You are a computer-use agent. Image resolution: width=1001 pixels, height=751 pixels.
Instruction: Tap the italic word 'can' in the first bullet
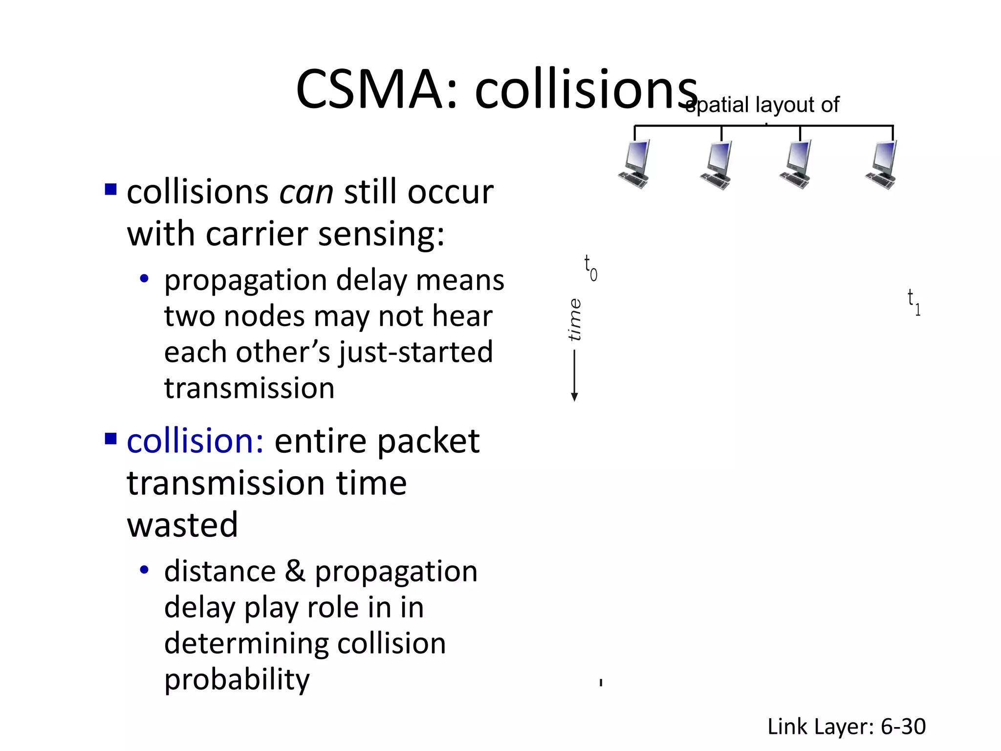306,192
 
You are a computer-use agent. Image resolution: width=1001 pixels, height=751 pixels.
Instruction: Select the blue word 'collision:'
195,441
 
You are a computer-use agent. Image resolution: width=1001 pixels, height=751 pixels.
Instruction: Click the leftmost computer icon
635,164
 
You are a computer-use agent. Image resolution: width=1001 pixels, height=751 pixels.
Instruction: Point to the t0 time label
590,268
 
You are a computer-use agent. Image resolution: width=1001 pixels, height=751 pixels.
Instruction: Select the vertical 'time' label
575,320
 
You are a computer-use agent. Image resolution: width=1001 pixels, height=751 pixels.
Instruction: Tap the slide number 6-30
903,727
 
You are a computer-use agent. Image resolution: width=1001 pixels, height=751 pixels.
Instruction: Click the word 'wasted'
182,525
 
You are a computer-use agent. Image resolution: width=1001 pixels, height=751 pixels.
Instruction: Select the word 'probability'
237,680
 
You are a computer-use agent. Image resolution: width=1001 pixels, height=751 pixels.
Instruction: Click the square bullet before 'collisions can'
111,189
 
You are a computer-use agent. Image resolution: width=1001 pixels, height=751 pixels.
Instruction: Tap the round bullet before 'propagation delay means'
144,279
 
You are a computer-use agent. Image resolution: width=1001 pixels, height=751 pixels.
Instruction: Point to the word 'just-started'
416,352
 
